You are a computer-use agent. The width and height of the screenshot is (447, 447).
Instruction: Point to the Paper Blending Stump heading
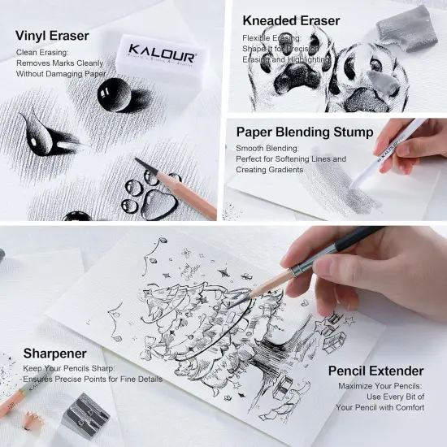click(305, 132)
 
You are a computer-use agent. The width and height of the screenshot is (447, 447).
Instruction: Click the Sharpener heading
click(54, 353)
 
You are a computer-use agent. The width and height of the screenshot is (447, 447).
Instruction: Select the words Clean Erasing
click(41, 52)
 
